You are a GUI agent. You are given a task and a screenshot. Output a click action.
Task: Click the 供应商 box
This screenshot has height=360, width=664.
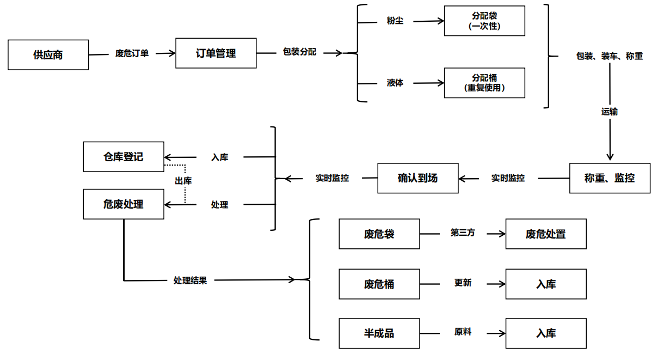coord(48,54)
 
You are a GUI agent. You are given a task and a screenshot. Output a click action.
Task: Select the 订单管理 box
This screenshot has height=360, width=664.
coord(216,53)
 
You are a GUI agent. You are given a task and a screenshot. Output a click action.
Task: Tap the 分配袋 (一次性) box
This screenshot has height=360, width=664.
coord(484,21)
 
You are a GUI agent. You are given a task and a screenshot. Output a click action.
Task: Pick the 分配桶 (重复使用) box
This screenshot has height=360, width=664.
coord(484,83)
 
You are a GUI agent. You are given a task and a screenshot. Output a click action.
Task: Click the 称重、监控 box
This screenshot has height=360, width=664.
coord(610,178)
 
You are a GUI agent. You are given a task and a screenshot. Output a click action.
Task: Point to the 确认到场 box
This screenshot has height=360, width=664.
coord(418,178)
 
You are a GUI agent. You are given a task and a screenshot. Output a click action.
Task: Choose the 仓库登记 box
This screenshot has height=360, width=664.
coord(124,157)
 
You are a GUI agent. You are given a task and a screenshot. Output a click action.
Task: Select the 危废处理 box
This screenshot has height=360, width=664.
coord(124,204)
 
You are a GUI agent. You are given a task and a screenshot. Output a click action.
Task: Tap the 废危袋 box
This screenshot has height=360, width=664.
coord(379,234)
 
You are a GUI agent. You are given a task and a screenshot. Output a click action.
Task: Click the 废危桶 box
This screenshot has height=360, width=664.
coord(379,284)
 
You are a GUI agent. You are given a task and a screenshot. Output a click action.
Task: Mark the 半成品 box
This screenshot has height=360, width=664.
coord(379,333)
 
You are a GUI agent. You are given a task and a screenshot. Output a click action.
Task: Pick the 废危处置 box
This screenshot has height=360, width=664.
coord(546,234)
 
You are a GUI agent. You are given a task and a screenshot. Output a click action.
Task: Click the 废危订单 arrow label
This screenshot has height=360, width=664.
coord(132,54)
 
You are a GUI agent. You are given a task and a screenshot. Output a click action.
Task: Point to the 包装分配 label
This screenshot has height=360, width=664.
coord(299,52)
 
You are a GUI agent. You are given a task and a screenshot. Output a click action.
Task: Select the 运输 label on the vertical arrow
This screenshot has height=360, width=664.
coord(610,112)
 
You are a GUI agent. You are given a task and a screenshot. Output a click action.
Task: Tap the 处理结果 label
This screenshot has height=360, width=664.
coord(190,280)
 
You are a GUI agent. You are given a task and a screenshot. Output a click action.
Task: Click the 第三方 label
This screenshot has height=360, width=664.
coord(463,233)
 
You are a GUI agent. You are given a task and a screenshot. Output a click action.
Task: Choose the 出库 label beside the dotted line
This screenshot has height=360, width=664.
coord(183,180)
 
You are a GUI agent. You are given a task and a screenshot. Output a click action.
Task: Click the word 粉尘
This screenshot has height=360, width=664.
coord(395,22)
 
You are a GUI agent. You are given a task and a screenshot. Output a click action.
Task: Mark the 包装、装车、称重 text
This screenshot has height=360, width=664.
coord(610,56)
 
